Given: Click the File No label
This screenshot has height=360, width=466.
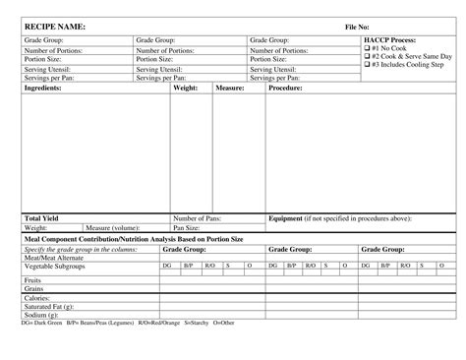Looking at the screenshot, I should (x=357, y=26).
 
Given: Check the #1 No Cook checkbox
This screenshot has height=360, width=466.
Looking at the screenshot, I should (x=367, y=49).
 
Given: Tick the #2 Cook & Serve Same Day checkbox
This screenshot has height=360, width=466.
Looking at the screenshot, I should (x=367, y=57).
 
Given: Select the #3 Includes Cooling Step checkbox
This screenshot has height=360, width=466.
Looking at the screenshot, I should (x=367, y=65).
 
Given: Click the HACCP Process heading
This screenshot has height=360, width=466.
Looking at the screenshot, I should (x=390, y=40).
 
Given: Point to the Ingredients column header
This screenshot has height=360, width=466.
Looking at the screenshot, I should (x=43, y=88).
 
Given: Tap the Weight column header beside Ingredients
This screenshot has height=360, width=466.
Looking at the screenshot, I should (x=186, y=88).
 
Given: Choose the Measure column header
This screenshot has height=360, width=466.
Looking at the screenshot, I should (x=230, y=88).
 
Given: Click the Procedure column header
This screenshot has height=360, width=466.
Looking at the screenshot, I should (x=285, y=88).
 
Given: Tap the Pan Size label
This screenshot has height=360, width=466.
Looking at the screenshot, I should (x=186, y=227).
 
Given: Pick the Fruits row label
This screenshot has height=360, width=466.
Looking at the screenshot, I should (x=34, y=281).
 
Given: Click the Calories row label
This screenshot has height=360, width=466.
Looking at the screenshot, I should (x=37, y=298).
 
